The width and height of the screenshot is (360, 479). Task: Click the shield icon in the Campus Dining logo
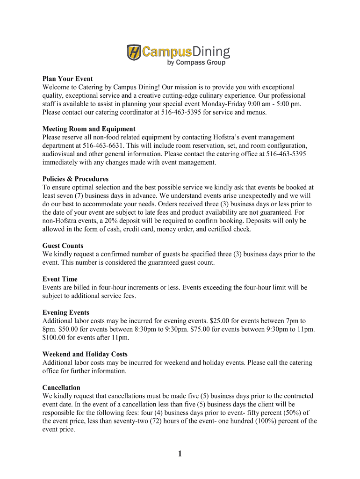tap(134, 52)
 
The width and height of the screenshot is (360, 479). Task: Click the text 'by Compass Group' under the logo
tap(196, 63)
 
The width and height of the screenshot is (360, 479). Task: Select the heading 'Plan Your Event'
tap(68, 79)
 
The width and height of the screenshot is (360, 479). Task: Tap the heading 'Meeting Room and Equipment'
tap(89, 129)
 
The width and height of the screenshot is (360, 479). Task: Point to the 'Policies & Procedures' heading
tap(75, 179)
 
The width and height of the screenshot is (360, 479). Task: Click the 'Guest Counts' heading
tap(63, 246)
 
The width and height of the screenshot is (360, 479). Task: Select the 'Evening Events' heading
tap(66, 312)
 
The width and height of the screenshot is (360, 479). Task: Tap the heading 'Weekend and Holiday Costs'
tap(85, 354)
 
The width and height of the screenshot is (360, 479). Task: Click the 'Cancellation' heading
tap(61, 387)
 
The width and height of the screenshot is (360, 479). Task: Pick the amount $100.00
tap(55, 338)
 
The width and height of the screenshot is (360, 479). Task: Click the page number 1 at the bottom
tap(180, 454)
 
